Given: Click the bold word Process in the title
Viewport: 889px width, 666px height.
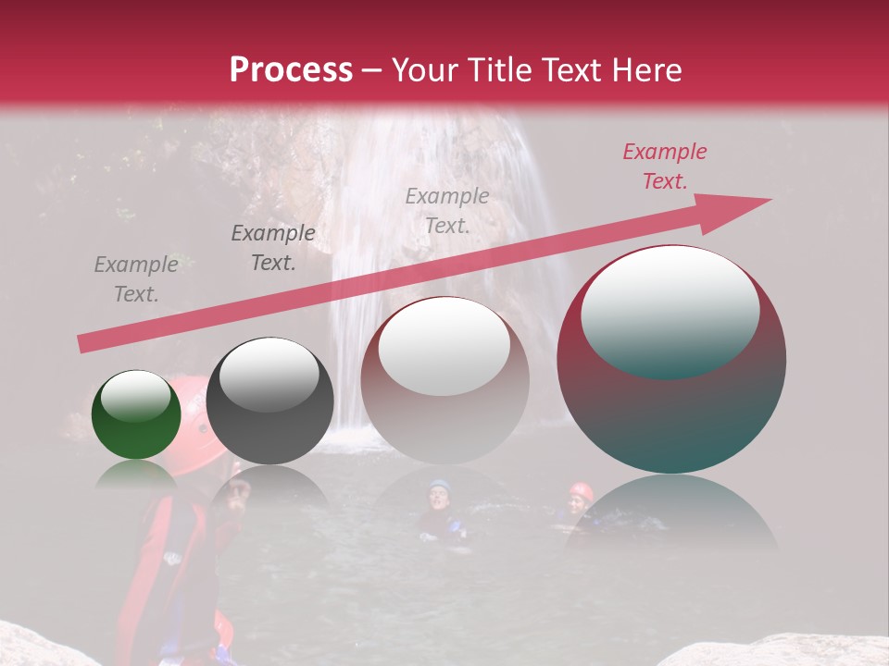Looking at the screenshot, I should (291, 70).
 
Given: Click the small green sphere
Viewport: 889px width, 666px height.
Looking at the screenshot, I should (136, 414).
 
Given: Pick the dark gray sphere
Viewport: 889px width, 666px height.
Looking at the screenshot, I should (269, 401).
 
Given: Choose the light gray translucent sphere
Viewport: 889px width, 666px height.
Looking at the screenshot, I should (444, 380).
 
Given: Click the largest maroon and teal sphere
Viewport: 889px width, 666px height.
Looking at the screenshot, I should (671, 360).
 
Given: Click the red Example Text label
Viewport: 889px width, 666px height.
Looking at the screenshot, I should (664, 166).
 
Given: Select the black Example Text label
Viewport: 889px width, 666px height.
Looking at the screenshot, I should (272, 247).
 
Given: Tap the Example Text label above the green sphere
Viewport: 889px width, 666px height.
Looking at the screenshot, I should (135, 278).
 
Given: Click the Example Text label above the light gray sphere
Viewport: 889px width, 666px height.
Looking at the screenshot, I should (446, 210).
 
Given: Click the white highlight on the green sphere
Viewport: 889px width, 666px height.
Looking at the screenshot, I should (135, 395).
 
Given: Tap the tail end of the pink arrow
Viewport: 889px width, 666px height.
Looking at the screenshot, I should (83, 344).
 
